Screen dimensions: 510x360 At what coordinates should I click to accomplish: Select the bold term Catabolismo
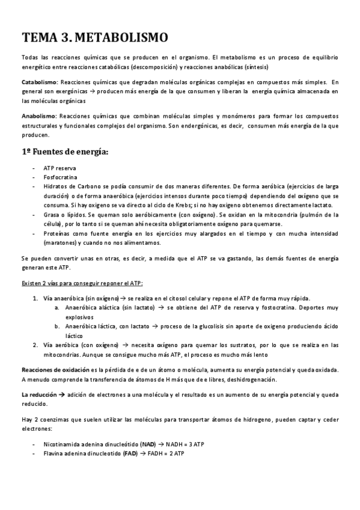point(38,82)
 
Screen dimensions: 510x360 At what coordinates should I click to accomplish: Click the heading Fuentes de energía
point(70,152)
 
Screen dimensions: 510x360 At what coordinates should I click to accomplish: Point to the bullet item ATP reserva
point(59,168)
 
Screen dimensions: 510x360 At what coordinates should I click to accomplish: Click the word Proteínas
point(58,233)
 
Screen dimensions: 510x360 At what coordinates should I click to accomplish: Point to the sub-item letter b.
point(56,327)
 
